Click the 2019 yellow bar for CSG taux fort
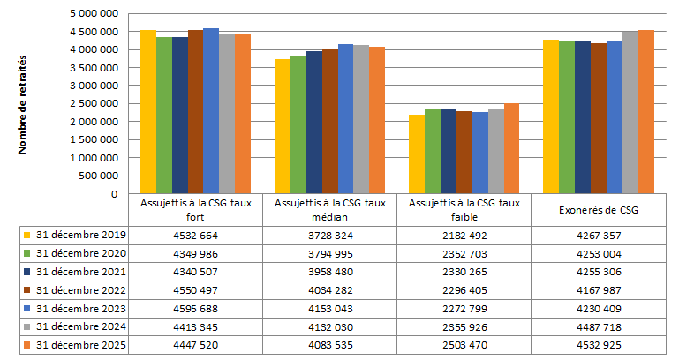(148, 112)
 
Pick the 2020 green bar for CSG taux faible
(433, 151)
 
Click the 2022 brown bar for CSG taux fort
(195, 112)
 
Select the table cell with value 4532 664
(196, 235)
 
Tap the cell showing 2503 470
(463, 345)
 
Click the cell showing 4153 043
(329, 309)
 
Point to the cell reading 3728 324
(329, 235)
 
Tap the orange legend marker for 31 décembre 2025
(28, 345)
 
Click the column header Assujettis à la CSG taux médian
(329, 211)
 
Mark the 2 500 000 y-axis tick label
(93, 104)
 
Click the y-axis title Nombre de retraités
(23, 103)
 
